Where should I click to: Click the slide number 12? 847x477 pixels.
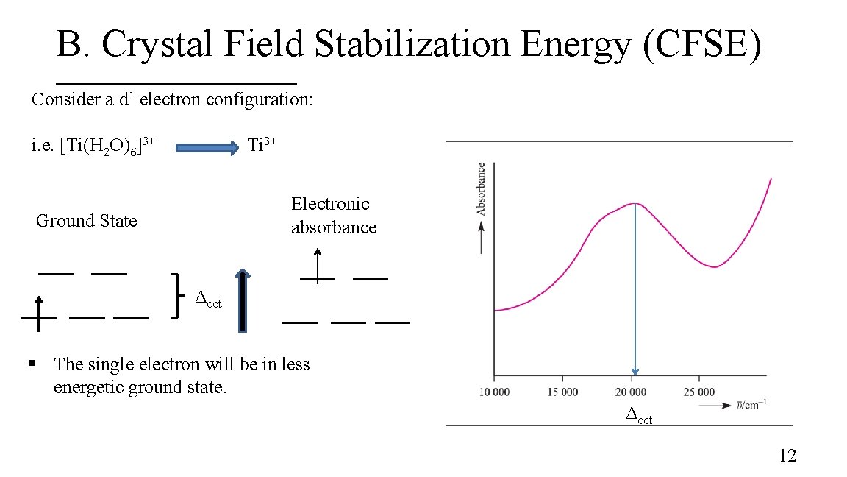pyautogui.click(x=787, y=456)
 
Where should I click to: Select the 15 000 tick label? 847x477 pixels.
pyautogui.click(x=563, y=392)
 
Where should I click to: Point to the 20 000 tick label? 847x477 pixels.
pyautogui.click(x=631, y=392)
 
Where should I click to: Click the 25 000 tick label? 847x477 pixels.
pyautogui.click(x=699, y=392)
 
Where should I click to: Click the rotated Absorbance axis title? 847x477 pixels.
pyautogui.click(x=481, y=188)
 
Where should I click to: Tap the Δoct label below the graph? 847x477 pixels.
pyautogui.click(x=638, y=416)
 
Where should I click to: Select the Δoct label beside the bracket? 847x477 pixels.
pyautogui.click(x=207, y=299)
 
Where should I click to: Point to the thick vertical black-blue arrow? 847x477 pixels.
pyautogui.click(x=243, y=302)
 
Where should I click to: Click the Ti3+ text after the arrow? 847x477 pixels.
pyautogui.click(x=262, y=144)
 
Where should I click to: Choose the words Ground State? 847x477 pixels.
pyautogui.click(x=86, y=221)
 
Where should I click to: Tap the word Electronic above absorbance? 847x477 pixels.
pyautogui.click(x=330, y=204)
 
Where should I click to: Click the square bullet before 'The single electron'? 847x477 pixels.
pyautogui.click(x=32, y=363)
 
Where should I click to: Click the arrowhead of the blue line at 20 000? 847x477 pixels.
pyautogui.click(x=635, y=372)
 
